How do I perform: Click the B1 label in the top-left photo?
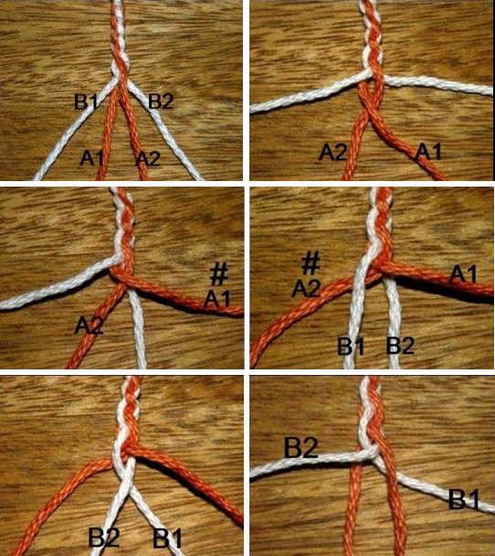click(86, 102)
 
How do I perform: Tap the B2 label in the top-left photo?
click(161, 102)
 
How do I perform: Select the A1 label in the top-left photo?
click(91, 158)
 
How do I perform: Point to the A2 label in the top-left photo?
click(148, 158)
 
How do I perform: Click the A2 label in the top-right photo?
click(332, 153)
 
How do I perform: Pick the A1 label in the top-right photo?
click(428, 152)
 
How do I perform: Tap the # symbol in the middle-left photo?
click(219, 274)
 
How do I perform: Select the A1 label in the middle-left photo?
click(217, 299)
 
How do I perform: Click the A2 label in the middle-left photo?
click(89, 326)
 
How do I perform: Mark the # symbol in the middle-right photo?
click(311, 263)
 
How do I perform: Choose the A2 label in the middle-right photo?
click(306, 288)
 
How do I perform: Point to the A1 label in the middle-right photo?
click(463, 275)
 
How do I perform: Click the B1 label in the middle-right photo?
click(351, 347)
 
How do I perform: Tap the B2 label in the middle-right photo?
click(400, 346)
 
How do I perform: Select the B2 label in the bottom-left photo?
click(103, 537)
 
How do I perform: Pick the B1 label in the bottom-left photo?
click(167, 538)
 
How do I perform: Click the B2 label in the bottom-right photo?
click(301, 447)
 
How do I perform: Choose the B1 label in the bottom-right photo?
click(463, 499)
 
